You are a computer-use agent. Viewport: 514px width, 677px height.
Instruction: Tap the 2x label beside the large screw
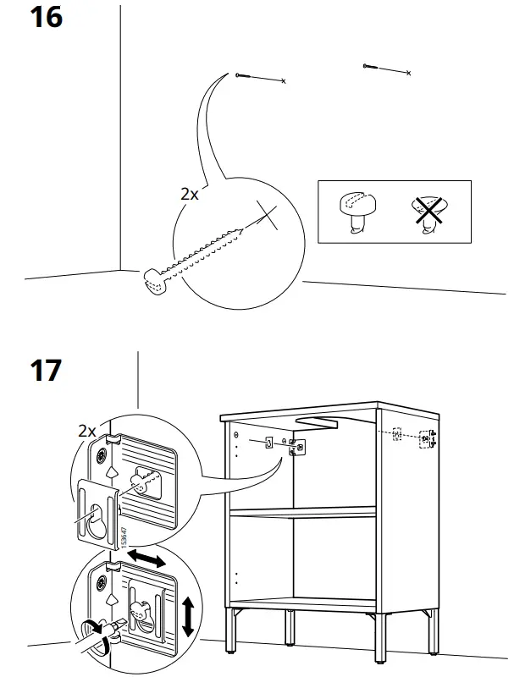[x=189, y=194]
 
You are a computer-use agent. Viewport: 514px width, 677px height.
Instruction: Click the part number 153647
[x=123, y=540]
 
